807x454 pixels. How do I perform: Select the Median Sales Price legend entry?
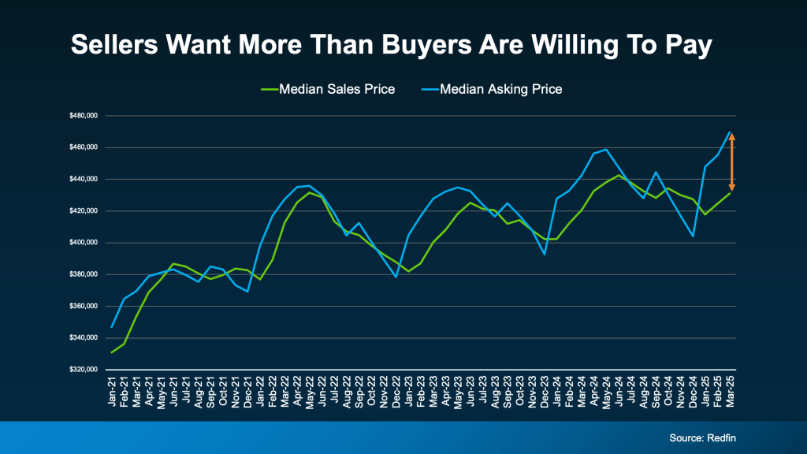[x=327, y=89]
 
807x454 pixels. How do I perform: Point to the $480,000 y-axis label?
[x=83, y=116]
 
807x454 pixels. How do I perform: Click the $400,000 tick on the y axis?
[x=83, y=243]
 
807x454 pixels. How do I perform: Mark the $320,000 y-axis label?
[x=83, y=370]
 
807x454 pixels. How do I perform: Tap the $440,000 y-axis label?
[x=83, y=179]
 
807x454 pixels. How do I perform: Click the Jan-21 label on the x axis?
[x=112, y=393]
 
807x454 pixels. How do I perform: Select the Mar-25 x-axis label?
[x=731, y=393]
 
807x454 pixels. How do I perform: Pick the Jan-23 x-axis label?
[x=409, y=393]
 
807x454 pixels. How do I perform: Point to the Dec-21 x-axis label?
[x=248, y=393]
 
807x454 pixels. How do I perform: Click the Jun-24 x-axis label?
[x=619, y=393]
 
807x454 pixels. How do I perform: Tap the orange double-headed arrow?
[x=731, y=162]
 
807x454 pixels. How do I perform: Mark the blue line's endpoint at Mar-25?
[x=731, y=132]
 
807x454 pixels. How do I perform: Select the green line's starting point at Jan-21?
[x=112, y=352]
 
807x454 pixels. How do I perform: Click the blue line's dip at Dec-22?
[x=396, y=277]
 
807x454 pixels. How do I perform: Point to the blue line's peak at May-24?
[x=606, y=149]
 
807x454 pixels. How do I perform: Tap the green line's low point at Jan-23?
[x=408, y=271]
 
